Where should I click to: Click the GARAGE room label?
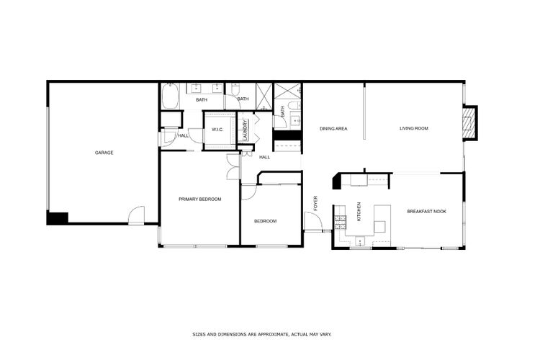104,153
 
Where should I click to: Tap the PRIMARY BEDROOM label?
199,199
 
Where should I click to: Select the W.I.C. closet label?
217,130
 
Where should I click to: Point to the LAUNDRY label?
245,130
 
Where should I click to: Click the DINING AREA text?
333,129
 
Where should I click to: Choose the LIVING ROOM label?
414,129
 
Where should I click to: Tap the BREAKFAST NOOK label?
427,211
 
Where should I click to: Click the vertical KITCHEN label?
359,213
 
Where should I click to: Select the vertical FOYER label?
315,204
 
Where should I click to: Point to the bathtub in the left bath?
171,96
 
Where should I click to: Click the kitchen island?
379,218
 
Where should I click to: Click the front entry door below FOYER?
313,222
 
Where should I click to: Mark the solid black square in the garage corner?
57,217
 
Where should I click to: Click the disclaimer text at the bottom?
261,335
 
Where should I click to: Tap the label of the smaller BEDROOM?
265,221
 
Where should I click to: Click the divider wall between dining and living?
364,112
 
